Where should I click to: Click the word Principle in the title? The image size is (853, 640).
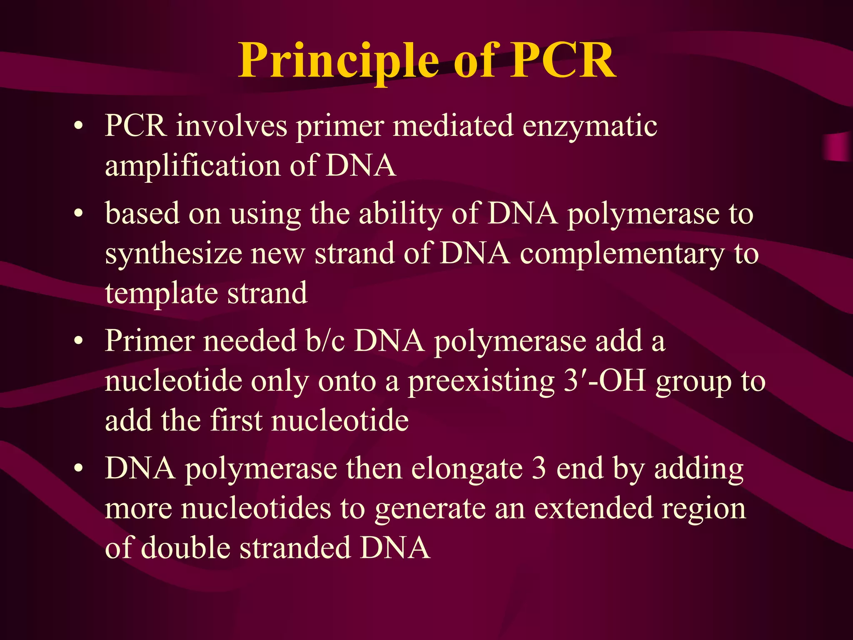[338, 62]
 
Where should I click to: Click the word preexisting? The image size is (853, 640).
[480, 382]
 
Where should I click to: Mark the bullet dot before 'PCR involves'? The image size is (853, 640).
[78, 126]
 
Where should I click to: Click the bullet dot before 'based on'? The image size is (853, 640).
[78, 214]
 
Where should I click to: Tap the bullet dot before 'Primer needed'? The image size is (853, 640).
[78, 342]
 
